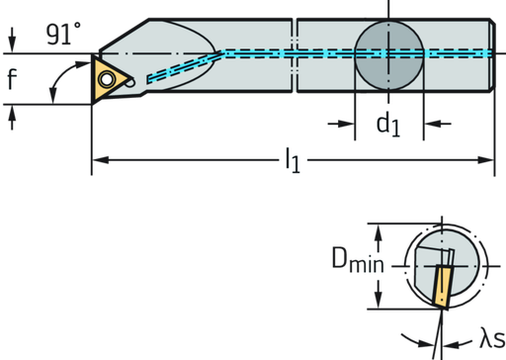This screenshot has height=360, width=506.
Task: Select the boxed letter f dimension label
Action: (x=11, y=80)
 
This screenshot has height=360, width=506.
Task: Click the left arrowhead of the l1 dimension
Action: (x=96, y=158)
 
